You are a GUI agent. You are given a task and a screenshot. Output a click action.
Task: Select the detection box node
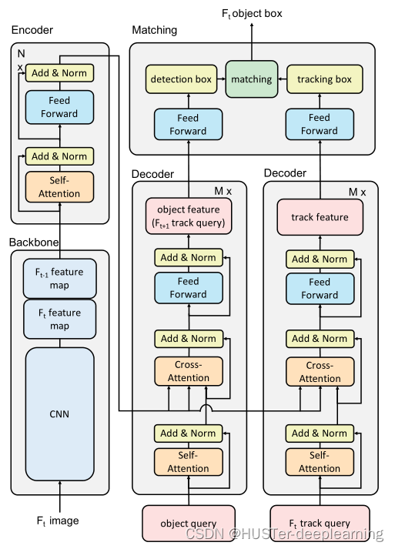pyautogui.click(x=182, y=79)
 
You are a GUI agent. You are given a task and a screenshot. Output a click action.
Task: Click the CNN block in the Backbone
pyautogui.click(x=59, y=413)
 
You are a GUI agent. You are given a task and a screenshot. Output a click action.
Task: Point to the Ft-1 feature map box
pyautogui.click(x=59, y=278)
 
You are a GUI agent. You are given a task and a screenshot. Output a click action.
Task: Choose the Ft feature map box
pyautogui.click(x=59, y=320)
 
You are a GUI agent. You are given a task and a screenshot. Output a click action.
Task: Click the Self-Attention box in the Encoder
pyautogui.click(x=59, y=186)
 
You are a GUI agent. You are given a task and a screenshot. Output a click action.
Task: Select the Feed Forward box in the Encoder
pyautogui.click(x=59, y=107)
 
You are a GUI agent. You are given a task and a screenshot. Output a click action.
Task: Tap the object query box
pyautogui.click(x=189, y=524)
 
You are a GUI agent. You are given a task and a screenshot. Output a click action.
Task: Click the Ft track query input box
pyautogui.click(x=320, y=524)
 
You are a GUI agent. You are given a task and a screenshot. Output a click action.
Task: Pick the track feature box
pyautogui.click(x=320, y=217)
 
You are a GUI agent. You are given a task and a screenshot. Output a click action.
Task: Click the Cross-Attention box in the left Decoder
pyautogui.click(x=189, y=371)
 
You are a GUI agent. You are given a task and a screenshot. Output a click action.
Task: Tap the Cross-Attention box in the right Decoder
pyautogui.click(x=320, y=372)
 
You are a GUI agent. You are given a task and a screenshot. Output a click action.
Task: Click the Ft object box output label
pyautogui.click(x=252, y=12)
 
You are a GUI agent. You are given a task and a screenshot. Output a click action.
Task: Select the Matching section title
pyautogui.click(x=154, y=30)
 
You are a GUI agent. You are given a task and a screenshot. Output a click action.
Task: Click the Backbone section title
pyautogui.click(x=34, y=242)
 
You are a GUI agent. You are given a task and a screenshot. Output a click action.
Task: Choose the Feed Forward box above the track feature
pyautogui.click(x=320, y=288)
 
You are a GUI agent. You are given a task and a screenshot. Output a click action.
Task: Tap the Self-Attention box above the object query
pyautogui.click(x=189, y=462)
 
